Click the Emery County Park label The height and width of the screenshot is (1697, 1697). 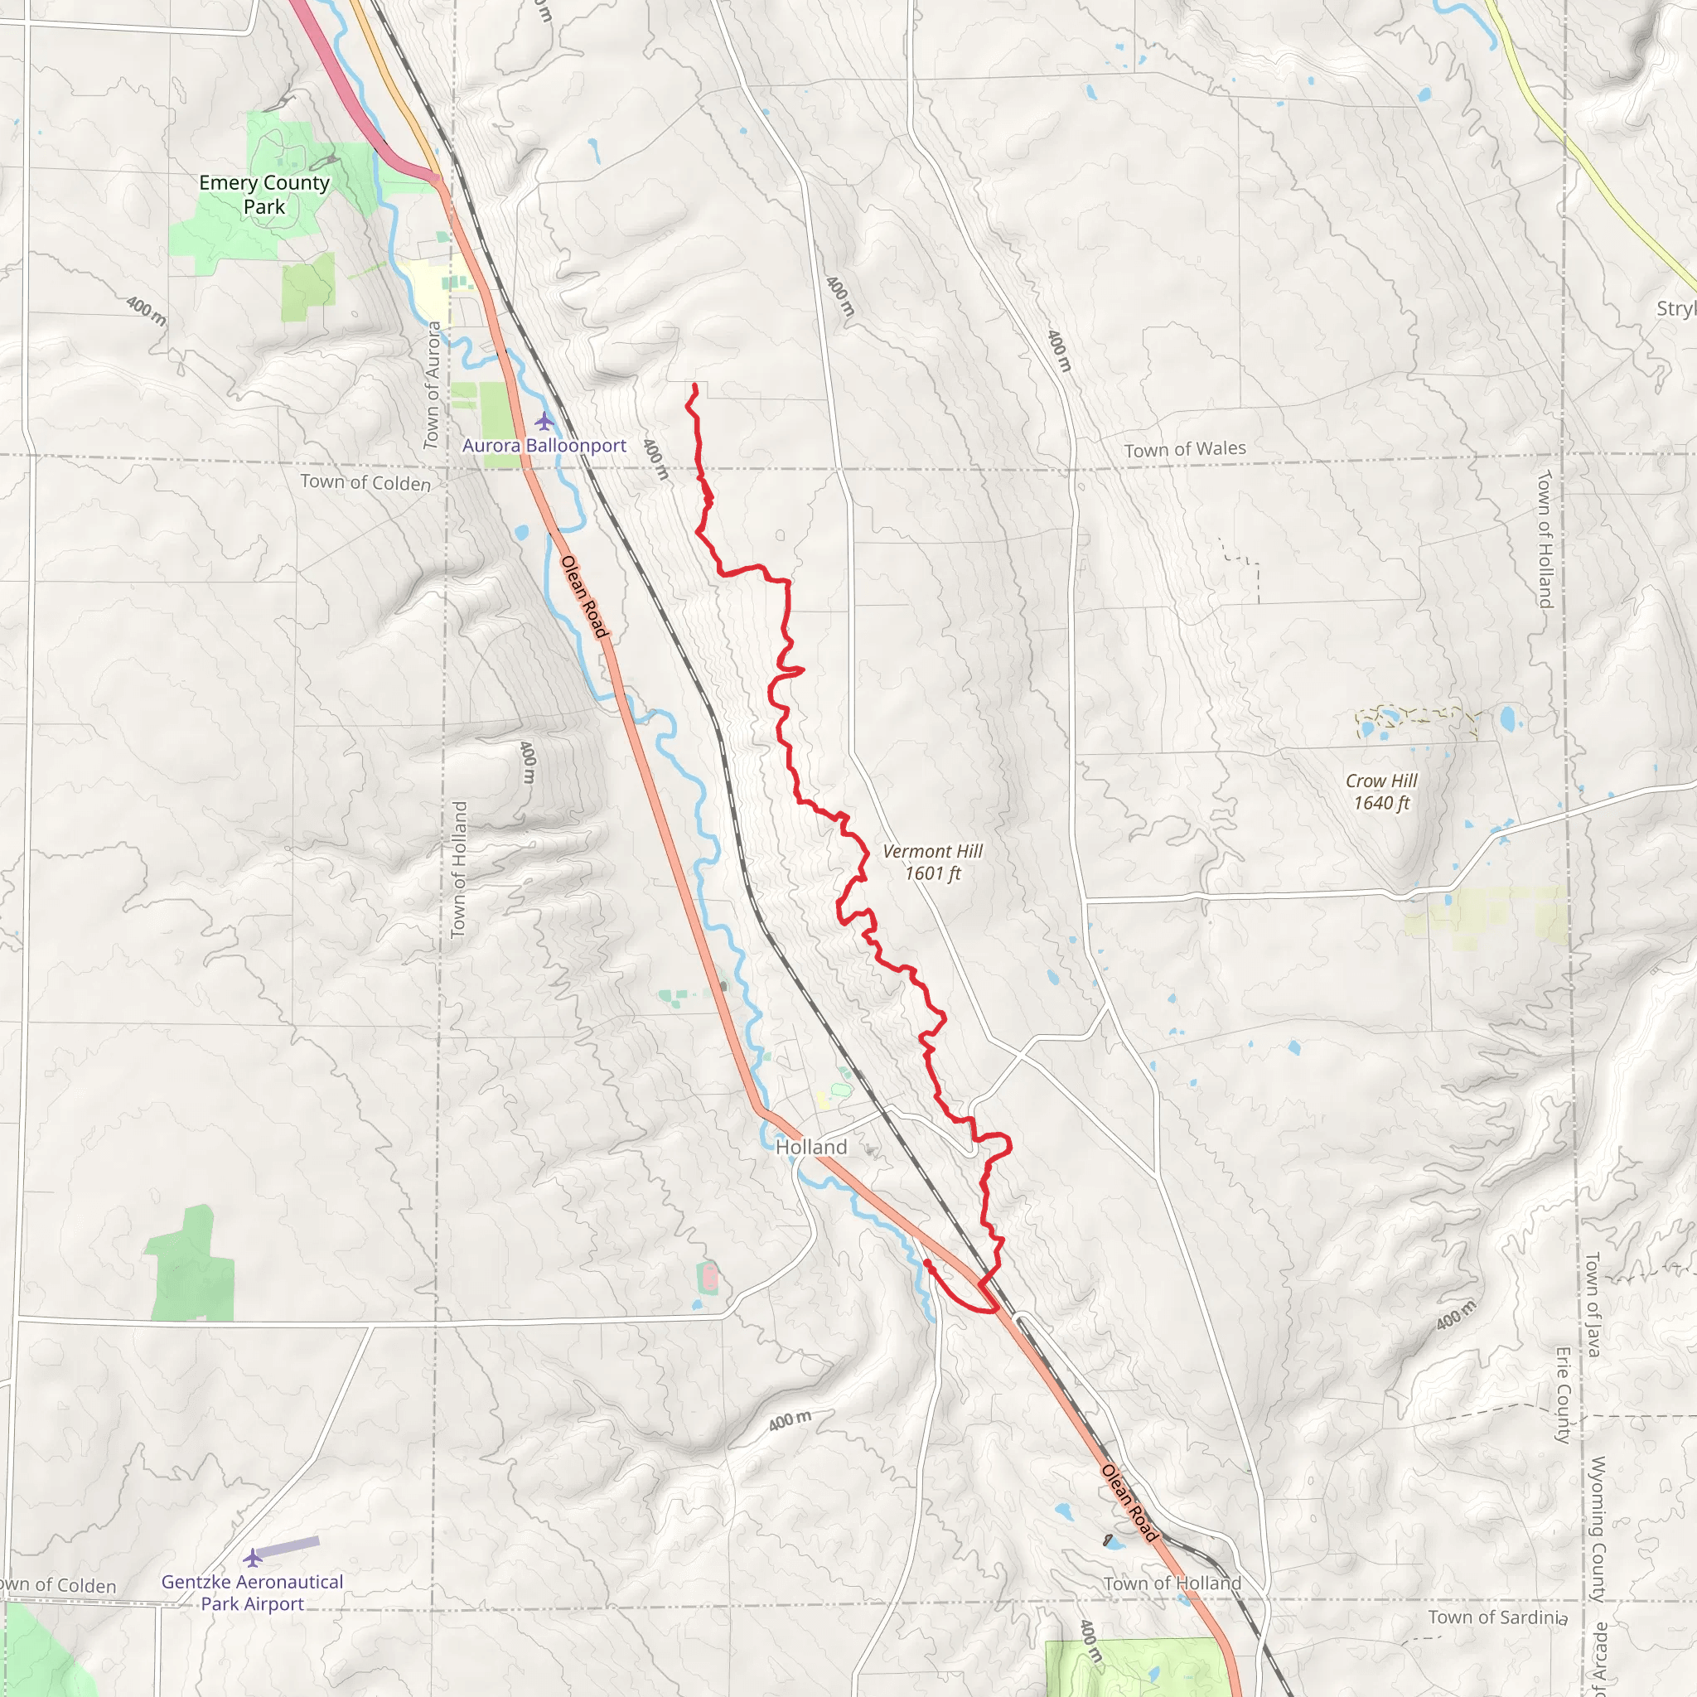tap(264, 194)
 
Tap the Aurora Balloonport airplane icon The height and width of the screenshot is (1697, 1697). tap(544, 421)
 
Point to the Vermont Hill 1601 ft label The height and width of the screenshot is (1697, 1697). tap(933, 862)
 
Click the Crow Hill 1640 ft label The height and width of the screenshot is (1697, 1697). tap(1381, 791)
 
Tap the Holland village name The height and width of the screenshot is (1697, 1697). tap(811, 1147)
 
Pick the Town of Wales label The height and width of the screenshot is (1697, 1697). tap(1185, 449)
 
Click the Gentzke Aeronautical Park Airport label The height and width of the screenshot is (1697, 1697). tap(253, 1593)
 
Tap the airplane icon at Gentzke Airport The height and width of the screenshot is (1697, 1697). tap(253, 1559)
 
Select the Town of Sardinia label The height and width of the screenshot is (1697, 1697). tap(1496, 1617)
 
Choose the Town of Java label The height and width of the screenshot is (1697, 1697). tap(1592, 1304)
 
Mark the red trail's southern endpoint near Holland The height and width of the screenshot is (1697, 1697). tap(927, 1263)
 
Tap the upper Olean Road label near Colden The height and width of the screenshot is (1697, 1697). tap(584, 597)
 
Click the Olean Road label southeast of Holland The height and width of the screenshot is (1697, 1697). tap(1129, 1502)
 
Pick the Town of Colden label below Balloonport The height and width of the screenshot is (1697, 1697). tap(365, 482)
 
